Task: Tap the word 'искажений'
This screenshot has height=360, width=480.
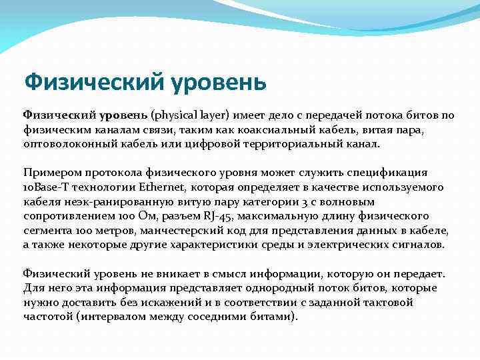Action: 171,303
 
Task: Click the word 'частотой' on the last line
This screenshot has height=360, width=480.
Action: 47,317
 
